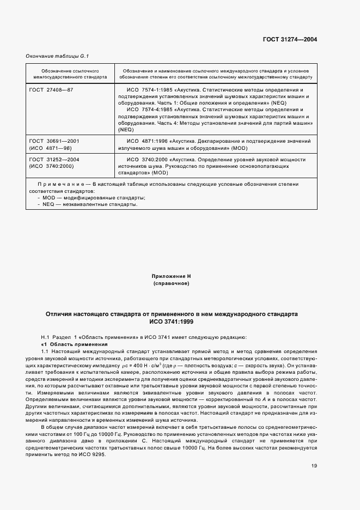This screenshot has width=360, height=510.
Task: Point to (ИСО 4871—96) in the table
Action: tap(51, 148)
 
